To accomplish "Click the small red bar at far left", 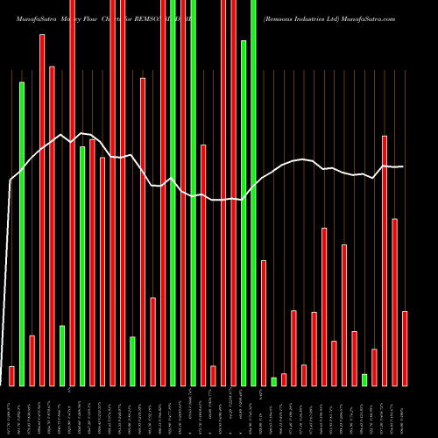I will [x=11, y=376].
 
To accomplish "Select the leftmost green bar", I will [x=22, y=233].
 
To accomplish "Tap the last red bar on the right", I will [x=405, y=348].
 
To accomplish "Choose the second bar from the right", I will [x=395, y=301].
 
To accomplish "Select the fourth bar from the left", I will [x=42, y=210].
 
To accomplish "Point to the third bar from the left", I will [x=32, y=360].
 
